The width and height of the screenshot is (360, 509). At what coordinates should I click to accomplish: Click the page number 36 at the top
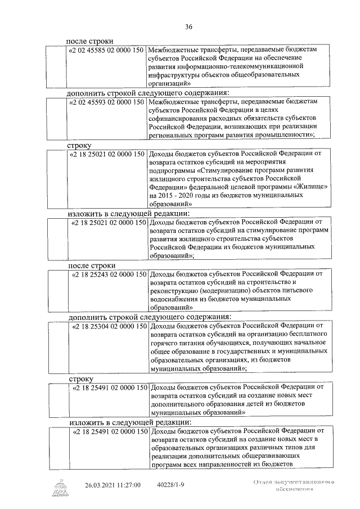coord(188,26)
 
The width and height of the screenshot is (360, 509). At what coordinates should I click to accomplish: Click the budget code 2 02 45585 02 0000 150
coord(105,50)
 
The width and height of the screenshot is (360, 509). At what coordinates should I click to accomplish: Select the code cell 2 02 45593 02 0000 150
coord(105,102)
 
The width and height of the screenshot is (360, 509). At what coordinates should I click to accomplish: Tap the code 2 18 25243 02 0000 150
coord(109,274)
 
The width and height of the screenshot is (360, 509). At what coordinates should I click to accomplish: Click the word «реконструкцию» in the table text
coord(177,291)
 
